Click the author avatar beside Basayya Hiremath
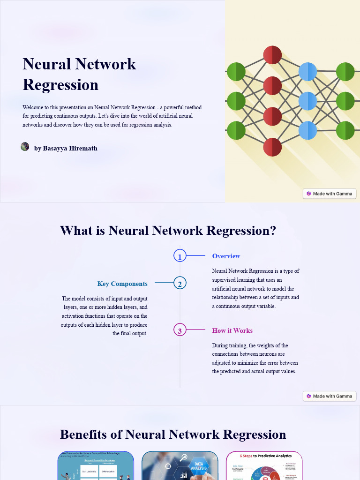point(25,147)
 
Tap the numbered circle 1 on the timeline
point(180,256)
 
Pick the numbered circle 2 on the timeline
point(180,283)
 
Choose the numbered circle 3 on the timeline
point(180,330)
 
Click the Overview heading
point(226,256)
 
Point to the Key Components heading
point(122,284)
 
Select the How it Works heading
point(232,330)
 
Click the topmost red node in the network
point(272,55)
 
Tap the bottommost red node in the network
point(272,147)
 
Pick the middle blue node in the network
point(307,101)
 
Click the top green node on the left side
point(236,72)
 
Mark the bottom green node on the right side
point(345,130)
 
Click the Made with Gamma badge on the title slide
point(330,194)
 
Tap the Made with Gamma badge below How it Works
point(330,396)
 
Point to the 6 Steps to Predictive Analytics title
point(265,456)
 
